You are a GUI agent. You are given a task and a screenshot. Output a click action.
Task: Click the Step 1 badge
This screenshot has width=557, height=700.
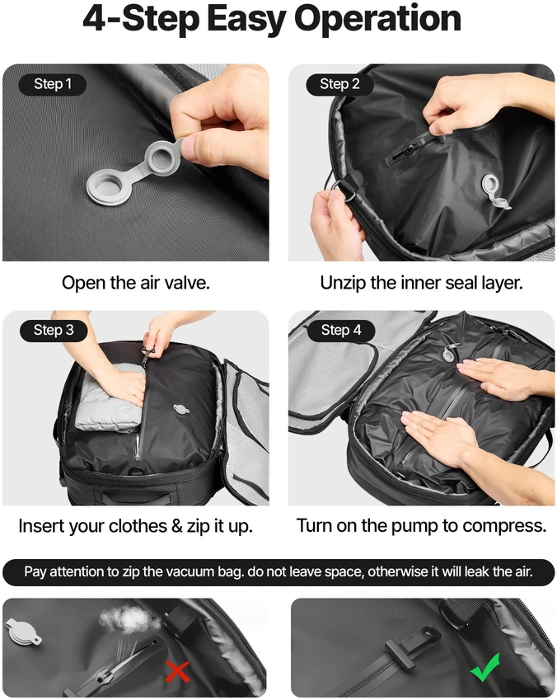(x=53, y=84)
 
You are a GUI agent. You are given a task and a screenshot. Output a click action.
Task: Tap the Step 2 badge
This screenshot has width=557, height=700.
(x=339, y=84)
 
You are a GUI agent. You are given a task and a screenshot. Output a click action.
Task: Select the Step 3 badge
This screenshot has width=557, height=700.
(x=54, y=331)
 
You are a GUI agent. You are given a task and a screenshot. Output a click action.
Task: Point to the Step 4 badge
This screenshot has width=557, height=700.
(x=341, y=331)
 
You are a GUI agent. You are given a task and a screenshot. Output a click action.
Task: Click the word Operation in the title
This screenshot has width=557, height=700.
(x=377, y=19)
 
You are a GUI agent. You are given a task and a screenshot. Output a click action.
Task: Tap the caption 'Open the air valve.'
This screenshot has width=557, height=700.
(x=136, y=283)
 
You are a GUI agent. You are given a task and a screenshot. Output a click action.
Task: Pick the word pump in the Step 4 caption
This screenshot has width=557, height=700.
(x=414, y=526)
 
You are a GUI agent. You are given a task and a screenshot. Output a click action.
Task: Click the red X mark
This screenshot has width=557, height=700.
(x=178, y=671)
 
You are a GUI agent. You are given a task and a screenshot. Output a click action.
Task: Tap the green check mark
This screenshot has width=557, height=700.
(x=485, y=667)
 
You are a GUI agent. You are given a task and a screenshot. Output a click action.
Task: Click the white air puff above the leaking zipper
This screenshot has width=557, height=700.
(x=124, y=619)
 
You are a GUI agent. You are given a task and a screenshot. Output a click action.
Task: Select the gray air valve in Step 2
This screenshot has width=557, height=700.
(x=494, y=191)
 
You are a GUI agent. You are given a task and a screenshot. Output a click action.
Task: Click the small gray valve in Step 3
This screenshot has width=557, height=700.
(x=180, y=409)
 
